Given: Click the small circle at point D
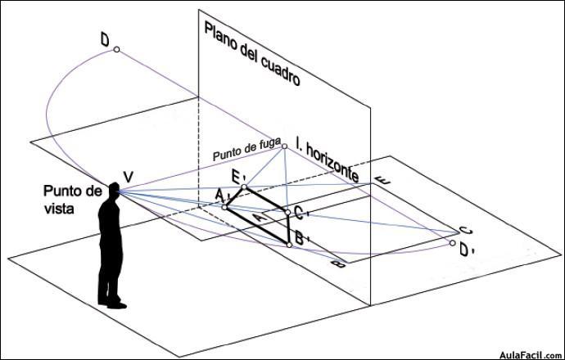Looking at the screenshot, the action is pos(116,49).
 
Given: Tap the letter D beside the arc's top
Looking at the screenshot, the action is pos(105,40).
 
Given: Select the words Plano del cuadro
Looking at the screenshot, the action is pos(252,53).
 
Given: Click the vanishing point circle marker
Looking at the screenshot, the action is pos(284,146).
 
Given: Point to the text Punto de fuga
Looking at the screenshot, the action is pos(246,150).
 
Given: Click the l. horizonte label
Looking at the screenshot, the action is pos(328,160).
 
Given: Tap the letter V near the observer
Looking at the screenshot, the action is pos(128,177).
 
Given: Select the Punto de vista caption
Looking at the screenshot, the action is pos(73,200).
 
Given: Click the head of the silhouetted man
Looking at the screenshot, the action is pos(114,191).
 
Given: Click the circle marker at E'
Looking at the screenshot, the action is pos(244,187).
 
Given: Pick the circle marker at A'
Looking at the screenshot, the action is pos(224,207).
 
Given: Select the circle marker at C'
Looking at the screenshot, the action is pos(287,213).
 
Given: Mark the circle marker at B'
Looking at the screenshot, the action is pos(289,245).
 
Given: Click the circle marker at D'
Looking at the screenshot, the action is pos(453,243).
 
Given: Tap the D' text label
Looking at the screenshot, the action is pos(468,250).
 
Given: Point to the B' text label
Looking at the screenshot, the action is pos(302,237).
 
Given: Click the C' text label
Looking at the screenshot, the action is pos(301,213).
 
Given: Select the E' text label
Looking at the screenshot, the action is pos(239,177).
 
